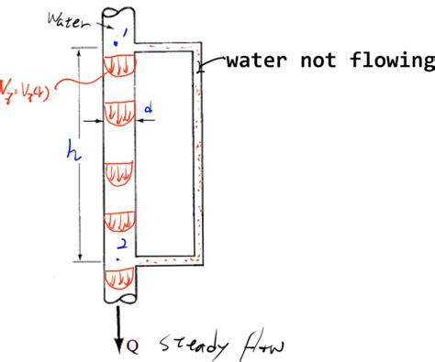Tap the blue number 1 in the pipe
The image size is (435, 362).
tap(116, 40)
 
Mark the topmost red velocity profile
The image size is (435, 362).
tap(119, 66)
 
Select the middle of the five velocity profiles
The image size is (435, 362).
tap(120, 174)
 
